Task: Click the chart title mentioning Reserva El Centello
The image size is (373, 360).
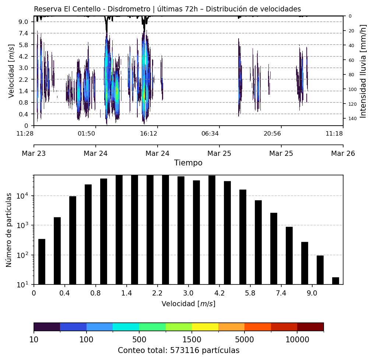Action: (167, 9)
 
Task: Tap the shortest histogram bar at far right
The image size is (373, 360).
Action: (335, 281)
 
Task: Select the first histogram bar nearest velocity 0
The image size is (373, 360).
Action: (42, 262)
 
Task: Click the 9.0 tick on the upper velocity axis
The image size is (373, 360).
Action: (23, 22)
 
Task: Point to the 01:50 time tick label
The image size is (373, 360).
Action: (87, 133)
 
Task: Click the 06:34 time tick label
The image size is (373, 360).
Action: (210, 133)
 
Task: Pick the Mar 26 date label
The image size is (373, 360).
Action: (343, 153)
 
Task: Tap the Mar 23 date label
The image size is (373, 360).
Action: (34, 153)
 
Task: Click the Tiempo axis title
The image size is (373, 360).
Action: (188, 163)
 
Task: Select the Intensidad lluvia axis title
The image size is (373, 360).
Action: (363, 71)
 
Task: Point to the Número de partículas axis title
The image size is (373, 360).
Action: (9, 230)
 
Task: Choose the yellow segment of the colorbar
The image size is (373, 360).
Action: (205, 327)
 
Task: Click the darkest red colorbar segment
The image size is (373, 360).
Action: (310, 327)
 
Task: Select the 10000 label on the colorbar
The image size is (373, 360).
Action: (297, 339)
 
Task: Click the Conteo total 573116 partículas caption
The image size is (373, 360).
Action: (179, 350)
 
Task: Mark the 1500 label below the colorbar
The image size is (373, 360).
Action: (192, 339)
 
